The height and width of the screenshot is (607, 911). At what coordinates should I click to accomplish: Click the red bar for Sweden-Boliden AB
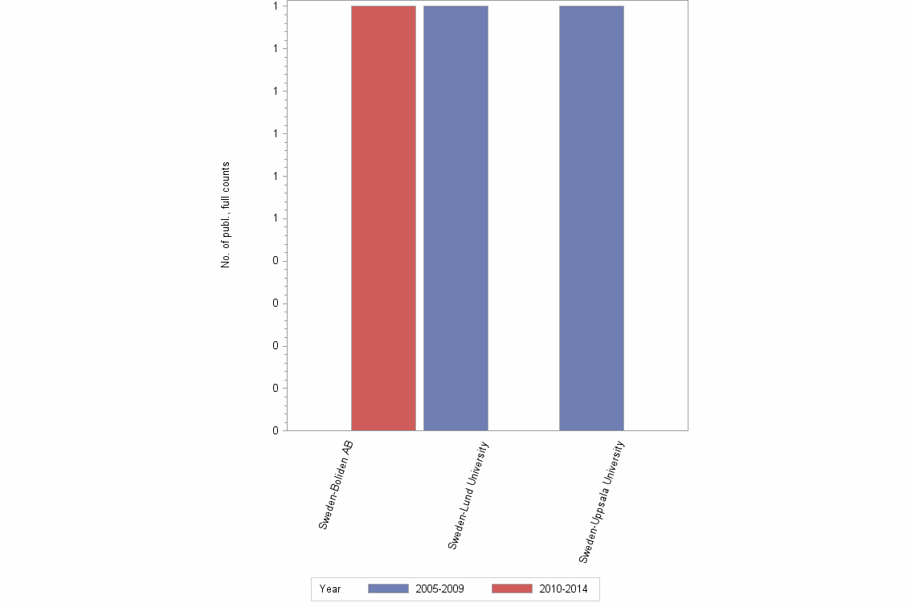coord(383,218)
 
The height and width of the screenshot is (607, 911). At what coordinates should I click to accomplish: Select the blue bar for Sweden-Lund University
coord(455,218)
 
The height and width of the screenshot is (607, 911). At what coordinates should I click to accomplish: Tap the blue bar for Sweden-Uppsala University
coord(591,218)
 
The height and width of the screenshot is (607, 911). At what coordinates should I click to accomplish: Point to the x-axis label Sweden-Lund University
coord(468,495)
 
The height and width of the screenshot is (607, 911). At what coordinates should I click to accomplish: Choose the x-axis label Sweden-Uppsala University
coord(602,499)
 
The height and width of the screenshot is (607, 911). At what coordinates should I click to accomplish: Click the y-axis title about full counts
coord(226,215)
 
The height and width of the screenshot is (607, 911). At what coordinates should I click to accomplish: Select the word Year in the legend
coord(330,589)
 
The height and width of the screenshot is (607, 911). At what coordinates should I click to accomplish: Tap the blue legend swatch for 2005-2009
coord(388,589)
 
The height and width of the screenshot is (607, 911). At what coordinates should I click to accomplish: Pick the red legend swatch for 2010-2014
coord(511,589)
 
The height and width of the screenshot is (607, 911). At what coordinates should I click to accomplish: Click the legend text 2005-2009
coord(439,589)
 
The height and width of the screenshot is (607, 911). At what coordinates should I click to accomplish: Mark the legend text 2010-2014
coord(563,589)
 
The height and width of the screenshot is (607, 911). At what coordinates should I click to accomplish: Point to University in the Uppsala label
coord(614,466)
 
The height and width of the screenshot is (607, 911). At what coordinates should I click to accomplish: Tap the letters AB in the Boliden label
coord(348,449)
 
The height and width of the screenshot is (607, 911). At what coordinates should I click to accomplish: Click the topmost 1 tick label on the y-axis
coord(276,6)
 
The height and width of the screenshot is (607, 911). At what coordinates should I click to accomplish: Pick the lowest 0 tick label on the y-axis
coord(276,431)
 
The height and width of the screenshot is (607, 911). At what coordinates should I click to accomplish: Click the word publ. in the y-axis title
coord(226,230)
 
